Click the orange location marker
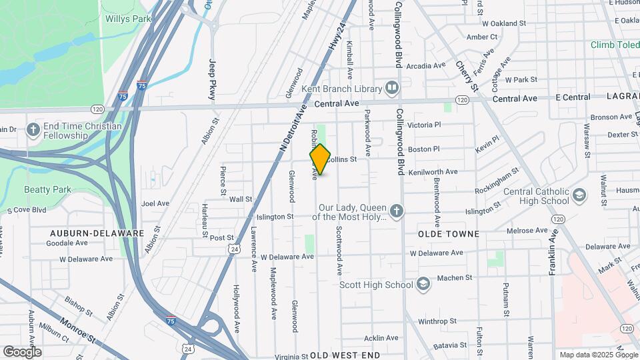click(320, 159)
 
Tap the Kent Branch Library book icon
click(393, 88)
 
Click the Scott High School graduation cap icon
click(423, 285)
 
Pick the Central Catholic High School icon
click(579, 196)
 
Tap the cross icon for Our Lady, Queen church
click(397, 212)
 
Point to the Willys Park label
click(128, 19)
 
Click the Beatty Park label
click(47, 189)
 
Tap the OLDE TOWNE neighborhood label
click(449, 234)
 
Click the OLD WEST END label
click(345, 355)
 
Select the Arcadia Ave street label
click(425, 66)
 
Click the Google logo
click(22, 351)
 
